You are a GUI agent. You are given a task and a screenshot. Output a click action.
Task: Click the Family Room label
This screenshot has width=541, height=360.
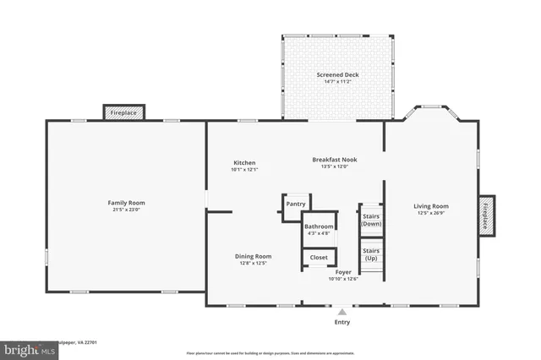click(126, 202)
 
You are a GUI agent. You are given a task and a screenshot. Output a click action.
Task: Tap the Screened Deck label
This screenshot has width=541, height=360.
click(338, 74)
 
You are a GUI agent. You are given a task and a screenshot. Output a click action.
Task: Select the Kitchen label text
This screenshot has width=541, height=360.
click(244, 163)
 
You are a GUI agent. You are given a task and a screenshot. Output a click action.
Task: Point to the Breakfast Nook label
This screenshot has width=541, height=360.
click(335, 159)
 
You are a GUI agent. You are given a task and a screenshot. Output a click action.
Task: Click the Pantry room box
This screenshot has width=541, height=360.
click(296, 204)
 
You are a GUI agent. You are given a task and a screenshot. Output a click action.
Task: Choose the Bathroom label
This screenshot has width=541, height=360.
click(319, 226)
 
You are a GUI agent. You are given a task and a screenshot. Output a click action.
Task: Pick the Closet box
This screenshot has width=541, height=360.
click(319, 257)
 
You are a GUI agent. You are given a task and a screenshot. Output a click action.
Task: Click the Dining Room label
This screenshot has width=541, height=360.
click(253, 256)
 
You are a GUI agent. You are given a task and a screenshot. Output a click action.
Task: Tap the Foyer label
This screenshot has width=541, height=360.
click(343, 272)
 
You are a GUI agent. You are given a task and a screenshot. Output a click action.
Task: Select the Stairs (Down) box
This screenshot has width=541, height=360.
click(371, 220)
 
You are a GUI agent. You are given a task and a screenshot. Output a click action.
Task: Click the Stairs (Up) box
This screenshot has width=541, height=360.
click(371, 254)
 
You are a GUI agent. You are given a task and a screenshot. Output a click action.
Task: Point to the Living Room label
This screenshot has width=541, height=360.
click(431, 206)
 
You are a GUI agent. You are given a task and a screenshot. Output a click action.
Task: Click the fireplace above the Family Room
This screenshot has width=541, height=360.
click(124, 112)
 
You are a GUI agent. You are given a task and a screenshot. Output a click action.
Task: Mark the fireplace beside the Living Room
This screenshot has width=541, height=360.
click(486, 216)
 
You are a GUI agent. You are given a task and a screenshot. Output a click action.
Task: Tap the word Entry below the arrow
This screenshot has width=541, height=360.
click(342, 322)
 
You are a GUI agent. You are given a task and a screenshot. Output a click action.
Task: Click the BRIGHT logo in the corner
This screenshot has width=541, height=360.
click(20, 348)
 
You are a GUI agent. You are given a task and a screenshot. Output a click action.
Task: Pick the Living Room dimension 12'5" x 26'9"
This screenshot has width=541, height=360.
click(431, 213)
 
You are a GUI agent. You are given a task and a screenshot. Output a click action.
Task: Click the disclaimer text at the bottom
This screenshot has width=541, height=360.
click(270, 352)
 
